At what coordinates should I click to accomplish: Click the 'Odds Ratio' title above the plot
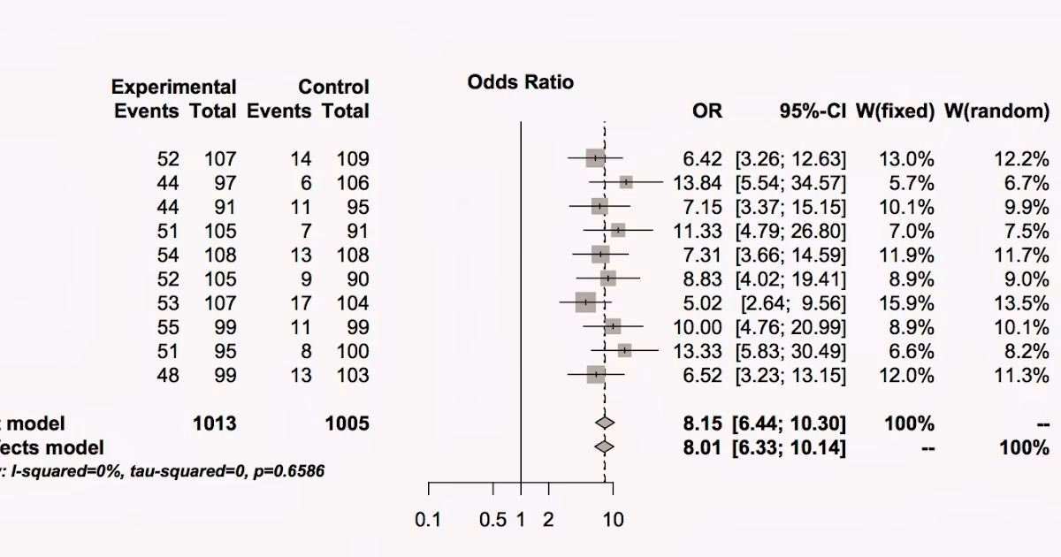point(520,83)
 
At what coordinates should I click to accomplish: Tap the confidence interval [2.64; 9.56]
point(790,304)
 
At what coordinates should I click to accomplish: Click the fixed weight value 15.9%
point(905,304)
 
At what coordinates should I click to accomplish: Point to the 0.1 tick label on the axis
point(428,520)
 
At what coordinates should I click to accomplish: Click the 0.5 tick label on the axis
point(492,520)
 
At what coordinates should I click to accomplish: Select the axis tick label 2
point(548,520)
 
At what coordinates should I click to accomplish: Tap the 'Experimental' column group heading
point(174,88)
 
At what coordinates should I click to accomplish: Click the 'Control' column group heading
point(333,88)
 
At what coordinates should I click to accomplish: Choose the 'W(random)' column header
point(996,111)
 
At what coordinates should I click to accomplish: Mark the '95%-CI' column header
point(813,111)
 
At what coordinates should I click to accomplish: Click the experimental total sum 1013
point(215,424)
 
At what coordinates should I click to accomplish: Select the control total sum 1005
point(347,424)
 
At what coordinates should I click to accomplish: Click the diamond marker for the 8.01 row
point(604,447)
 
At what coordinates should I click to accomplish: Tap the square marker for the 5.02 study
point(585,303)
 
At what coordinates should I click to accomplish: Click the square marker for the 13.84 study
point(626,182)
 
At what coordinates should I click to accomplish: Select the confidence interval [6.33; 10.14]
point(789,448)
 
